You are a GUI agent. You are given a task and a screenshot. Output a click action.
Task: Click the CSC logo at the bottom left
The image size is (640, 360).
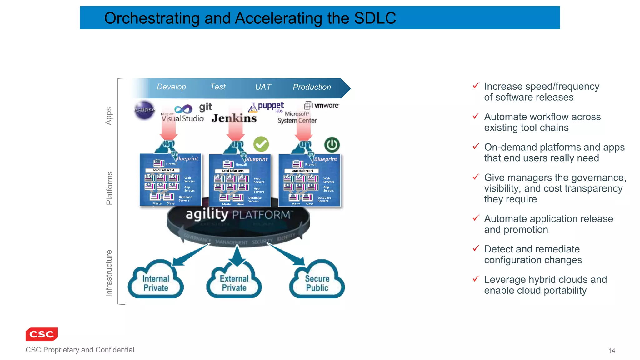point(42,334)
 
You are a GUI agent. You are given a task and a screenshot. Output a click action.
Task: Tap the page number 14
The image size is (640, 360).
point(612,351)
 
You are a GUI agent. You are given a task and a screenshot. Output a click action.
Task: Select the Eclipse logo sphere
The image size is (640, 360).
point(144,110)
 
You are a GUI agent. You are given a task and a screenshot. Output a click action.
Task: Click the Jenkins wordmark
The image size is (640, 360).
point(234,118)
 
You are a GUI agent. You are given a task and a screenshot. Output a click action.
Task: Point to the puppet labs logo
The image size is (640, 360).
point(267,107)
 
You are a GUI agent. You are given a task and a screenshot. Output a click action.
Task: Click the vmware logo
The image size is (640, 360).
point(322,105)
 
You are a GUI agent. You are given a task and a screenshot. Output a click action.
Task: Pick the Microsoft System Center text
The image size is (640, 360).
point(297,117)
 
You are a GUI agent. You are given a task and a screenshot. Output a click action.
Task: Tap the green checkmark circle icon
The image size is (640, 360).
point(261,144)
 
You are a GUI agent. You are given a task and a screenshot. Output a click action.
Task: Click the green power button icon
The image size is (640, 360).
point(332,145)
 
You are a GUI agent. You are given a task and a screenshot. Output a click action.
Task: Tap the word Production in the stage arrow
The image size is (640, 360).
point(312,87)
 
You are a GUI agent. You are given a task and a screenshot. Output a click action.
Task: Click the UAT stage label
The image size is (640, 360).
point(263,87)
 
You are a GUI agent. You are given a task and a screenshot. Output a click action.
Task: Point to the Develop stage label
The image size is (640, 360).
point(171,87)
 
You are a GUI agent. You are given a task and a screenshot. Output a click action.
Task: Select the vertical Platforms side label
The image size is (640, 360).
point(109,188)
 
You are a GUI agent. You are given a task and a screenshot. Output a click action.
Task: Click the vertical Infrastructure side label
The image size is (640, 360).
point(109,273)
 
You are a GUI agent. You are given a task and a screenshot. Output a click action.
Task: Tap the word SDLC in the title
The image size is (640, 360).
point(375,18)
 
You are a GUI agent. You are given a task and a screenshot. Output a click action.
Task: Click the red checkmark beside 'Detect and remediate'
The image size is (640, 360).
point(476,248)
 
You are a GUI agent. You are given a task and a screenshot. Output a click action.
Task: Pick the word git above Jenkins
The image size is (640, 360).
point(206,107)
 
